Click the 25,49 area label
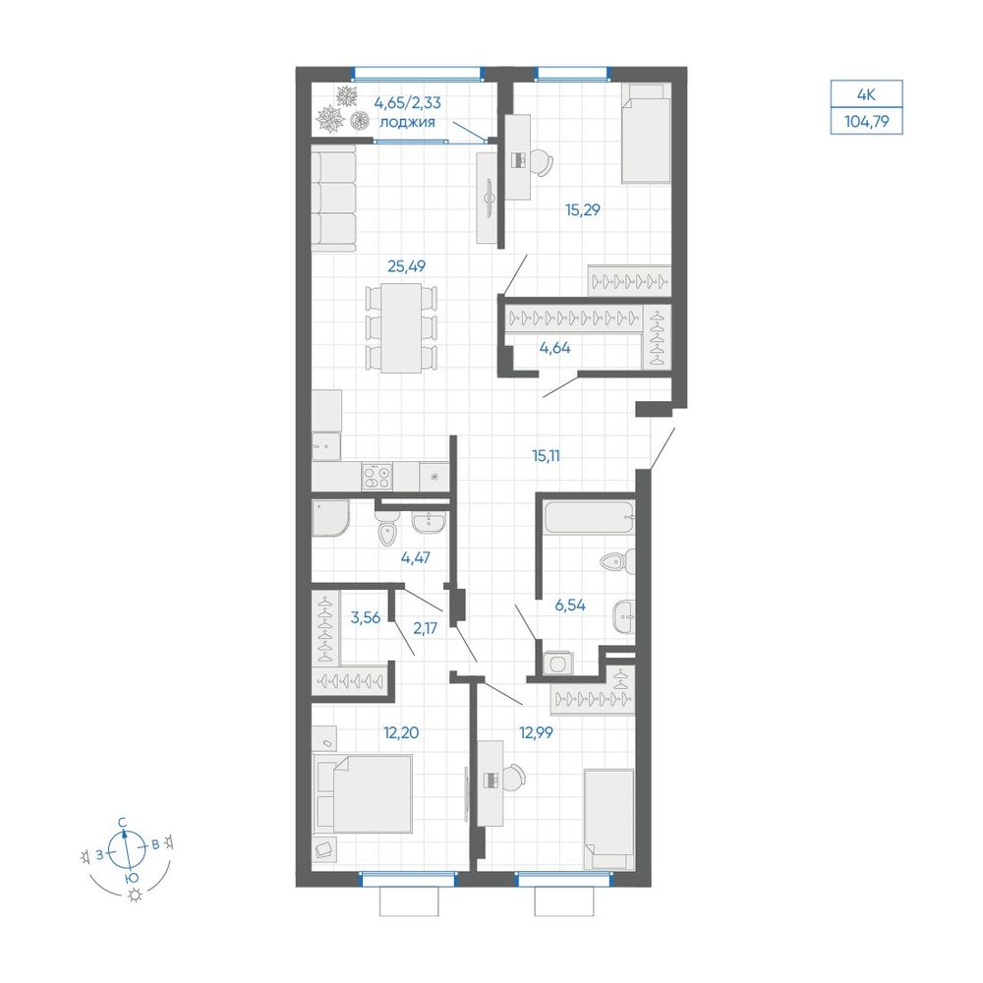tap(406, 266)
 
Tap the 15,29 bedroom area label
tap(582, 210)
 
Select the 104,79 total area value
tap(866, 122)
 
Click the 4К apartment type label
tap(866, 95)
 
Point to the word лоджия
tap(407, 122)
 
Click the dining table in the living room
tap(401, 328)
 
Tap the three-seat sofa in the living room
tap(333, 199)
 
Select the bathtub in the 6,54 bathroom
tap(589, 518)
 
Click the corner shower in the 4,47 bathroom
tap(329, 518)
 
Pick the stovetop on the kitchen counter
tap(376, 477)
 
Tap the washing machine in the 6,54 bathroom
tap(557, 663)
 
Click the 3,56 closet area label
tap(366, 618)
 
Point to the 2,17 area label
tap(425, 628)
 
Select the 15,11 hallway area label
tap(546, 456)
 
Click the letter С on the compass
tap(124, 822)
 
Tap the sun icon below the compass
tap(134, 896)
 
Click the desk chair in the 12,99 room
tap(515, 778)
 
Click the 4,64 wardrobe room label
tap(554, 348)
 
